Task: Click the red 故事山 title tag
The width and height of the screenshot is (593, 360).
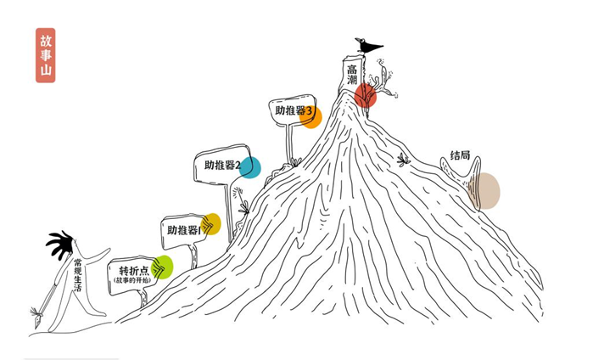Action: click(45, 55)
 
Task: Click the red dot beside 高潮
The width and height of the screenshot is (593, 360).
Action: click(366, 95)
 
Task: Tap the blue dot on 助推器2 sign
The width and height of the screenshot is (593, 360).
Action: click(249, 167)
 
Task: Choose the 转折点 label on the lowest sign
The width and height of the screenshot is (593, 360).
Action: click(133, 271)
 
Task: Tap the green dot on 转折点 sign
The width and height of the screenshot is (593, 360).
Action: click(162, 267)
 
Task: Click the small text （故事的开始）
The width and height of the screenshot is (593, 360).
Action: click(131, 281)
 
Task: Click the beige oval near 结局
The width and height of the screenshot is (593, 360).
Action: click(485, 191)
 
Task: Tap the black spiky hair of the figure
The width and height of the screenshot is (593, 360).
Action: click(60, 245)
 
